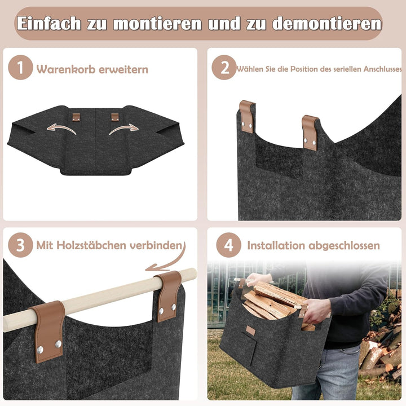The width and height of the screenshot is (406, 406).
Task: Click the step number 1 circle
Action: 21,69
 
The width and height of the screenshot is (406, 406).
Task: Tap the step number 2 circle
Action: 224,69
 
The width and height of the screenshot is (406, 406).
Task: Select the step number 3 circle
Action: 21,246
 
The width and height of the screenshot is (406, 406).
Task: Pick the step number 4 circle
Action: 228,246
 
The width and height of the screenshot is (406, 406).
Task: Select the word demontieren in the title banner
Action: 327,24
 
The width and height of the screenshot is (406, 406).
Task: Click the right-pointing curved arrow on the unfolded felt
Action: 123,129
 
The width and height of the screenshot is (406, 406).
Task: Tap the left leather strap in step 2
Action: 246,117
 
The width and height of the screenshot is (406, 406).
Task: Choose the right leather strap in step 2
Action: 310,132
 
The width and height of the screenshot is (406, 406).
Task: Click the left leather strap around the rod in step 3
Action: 48,330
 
